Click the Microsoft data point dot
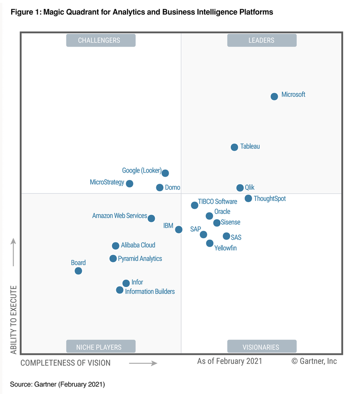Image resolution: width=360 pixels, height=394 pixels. coord(274,96)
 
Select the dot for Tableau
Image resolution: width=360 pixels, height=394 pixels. coord(234,147)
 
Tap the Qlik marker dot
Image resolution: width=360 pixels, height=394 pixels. coord(240,188)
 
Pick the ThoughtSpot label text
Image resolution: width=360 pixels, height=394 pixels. coord(270,199)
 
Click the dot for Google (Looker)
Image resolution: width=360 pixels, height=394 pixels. coord(165,173)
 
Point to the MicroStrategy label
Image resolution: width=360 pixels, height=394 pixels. coord(107,182)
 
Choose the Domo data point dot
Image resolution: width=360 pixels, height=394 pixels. coord(160,187)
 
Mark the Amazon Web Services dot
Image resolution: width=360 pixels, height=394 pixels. coord(151,218)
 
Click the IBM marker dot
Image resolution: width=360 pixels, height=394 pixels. coord(179,229)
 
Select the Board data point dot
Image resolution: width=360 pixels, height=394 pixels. coord(78,271)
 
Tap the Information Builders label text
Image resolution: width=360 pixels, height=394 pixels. coord(150,292)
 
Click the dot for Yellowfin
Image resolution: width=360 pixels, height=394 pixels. coord(210,243)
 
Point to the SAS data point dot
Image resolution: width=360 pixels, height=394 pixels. coord(226,236)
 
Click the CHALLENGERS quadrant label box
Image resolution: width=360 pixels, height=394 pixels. coord(100,40)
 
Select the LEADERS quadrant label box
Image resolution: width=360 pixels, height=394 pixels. coord(261,40)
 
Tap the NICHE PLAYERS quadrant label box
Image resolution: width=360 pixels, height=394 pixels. coord(100,347)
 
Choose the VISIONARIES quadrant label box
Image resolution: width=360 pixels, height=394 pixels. coord(261,347)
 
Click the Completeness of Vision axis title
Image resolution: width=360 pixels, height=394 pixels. coord(66,363)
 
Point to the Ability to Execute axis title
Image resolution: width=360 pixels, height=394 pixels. coord(13,320)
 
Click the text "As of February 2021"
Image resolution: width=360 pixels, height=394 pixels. coord(230,361)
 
